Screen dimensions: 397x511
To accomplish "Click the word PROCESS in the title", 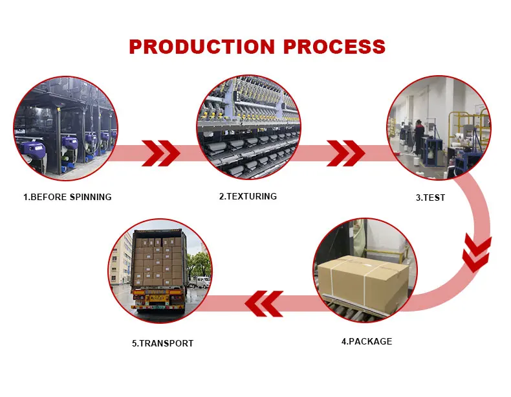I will (337, 47).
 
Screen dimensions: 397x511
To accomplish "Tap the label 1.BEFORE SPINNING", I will (67, 197).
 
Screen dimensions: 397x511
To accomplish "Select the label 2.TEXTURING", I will (248, 196).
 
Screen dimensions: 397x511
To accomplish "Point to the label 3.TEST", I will (430, 198).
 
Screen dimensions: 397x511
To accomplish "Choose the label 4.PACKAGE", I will (367, 341).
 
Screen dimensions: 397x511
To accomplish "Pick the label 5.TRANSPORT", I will (162, 343).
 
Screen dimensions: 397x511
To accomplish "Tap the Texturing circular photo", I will (248, 127).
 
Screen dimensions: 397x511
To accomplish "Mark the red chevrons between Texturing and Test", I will (346, 153).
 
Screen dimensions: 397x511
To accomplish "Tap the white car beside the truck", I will (201, 282).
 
